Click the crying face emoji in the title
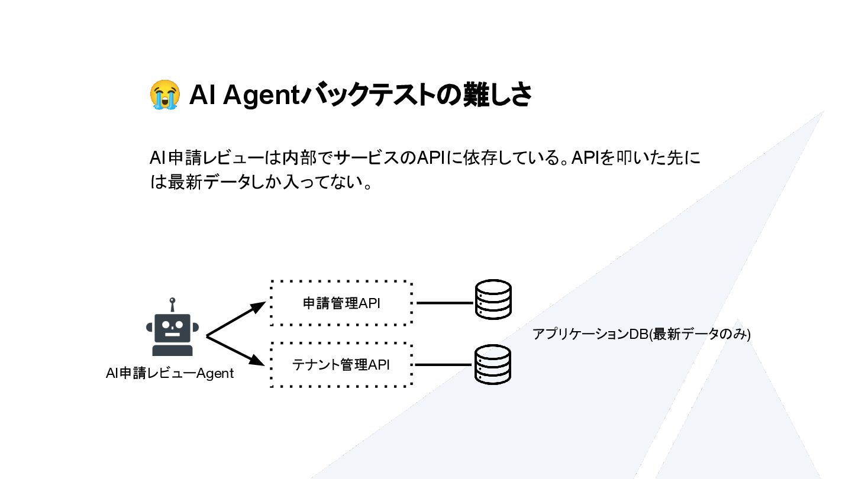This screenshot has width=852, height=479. coord(164,95)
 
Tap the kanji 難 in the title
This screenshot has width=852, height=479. coord(473,95)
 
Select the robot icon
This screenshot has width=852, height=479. coord(172,331)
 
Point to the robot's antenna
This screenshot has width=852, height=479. coord(172,304)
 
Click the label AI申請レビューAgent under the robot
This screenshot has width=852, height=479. coord(170,374)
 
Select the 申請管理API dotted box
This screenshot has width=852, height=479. coord(341,303)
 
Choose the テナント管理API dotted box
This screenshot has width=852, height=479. coord(341,365)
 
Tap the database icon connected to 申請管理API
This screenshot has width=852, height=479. coord(493,299)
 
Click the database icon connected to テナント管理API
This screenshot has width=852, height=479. coord(493,365)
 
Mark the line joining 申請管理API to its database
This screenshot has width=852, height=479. coord(444,303)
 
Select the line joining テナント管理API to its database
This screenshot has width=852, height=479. coord(444,365)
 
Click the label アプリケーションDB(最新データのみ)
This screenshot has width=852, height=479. coord(641,334)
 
